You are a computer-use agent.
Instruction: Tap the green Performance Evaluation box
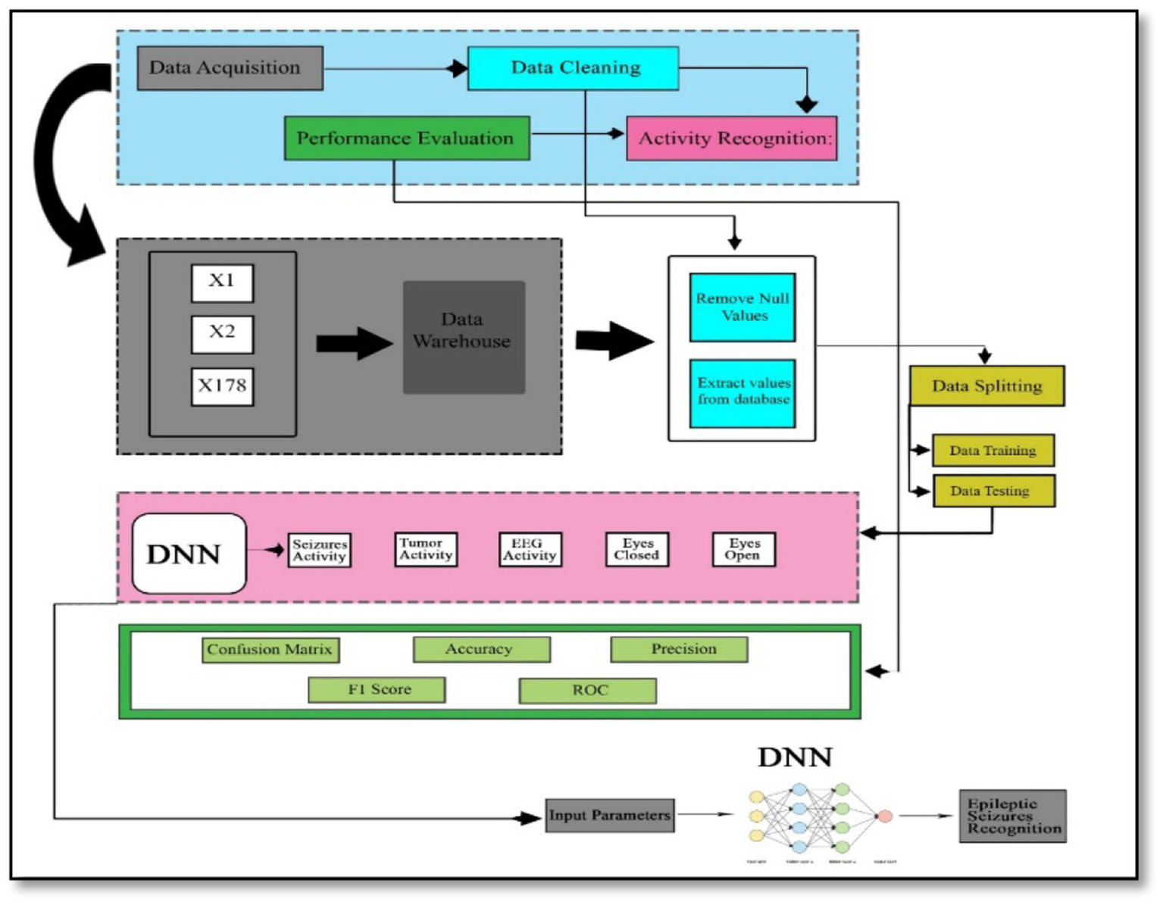406,139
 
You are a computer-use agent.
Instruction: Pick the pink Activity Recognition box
731,139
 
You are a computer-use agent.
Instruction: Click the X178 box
222,386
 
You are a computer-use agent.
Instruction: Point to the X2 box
222,333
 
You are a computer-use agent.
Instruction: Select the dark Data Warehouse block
463,337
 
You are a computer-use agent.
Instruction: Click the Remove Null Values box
742,307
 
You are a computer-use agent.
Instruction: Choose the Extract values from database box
742,392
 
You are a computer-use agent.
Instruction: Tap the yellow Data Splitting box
986,386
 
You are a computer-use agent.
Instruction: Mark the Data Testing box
993,492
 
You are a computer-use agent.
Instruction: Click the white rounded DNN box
189,554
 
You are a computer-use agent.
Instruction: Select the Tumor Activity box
426,549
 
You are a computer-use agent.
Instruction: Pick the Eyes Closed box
636,549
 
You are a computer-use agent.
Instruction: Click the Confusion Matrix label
270,650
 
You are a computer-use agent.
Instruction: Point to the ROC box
587,691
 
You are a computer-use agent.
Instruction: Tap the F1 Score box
377,690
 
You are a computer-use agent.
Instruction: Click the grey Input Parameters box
609,816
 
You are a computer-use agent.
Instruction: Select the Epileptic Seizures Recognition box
1012,816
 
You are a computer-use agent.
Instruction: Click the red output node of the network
883,816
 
